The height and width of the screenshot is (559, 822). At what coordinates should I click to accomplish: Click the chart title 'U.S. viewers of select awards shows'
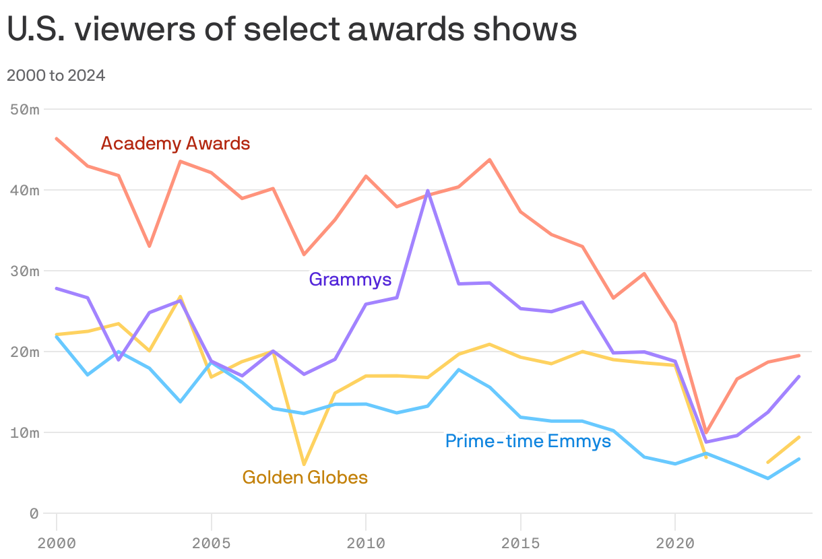(x=292, y=30)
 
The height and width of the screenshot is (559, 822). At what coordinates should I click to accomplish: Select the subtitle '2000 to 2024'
(x=56, y=75)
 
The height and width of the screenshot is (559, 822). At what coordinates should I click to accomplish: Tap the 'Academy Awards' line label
(x=175, y=143)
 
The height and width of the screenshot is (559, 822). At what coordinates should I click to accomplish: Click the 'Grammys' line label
(x=350, y=279)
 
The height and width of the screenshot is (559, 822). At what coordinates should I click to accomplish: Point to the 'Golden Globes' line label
(x=305, y=478)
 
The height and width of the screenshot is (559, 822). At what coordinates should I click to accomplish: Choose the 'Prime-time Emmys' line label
(x=528, y=441)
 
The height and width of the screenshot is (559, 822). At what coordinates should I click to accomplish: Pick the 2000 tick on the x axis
(x=57, y=543)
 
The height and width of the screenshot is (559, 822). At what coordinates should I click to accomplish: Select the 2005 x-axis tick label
(x=212, y=543)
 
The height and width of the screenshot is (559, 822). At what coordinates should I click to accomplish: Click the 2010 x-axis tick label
(x=366, y=543)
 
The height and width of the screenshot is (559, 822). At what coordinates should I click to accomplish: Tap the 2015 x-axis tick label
(x=520, y=543)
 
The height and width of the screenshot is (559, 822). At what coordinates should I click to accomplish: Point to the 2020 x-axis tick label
(x=675, y=543)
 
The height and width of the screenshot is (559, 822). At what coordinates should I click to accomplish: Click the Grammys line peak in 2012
(x=428, y=191)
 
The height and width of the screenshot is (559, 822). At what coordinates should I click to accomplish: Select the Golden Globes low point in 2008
(x=304, y=464)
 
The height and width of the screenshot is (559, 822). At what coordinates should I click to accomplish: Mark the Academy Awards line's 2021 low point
(x=706, y=433)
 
